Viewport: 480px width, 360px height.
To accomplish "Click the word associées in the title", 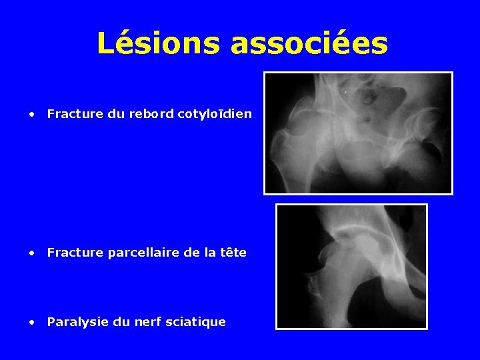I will point(309,43).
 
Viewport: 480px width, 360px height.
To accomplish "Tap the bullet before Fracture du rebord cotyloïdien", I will point(31,114).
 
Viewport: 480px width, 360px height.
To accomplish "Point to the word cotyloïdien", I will point(215,114).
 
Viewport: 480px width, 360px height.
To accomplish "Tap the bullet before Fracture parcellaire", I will point(31,253).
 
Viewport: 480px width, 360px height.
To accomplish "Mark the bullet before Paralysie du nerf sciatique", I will point(31,322).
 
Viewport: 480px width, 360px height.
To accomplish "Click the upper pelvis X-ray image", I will point(358,133).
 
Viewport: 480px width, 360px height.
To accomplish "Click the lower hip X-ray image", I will point(351,266).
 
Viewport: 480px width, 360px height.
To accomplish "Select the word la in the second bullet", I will point(209,253).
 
